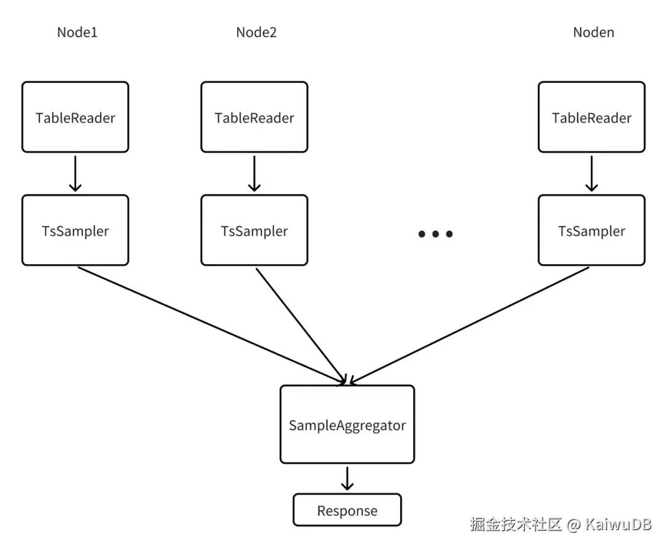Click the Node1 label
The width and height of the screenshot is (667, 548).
pos(77,33)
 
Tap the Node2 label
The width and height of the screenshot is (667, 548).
pos(256,33)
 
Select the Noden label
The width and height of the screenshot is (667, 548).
pos(594,33)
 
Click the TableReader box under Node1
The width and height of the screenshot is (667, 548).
pos(75,117)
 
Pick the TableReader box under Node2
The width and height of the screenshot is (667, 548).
pos(254,117)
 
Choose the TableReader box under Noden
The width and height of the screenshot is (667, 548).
pos(592,117)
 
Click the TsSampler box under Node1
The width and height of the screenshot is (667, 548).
pos(75,231)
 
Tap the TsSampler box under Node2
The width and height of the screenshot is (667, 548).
pos(254,231)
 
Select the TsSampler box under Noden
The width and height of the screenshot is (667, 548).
pos(592,231)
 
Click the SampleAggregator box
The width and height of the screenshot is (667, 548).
pos(347,425)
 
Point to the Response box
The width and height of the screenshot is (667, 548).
pos(347,510)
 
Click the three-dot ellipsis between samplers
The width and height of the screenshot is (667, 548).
pos(435,234)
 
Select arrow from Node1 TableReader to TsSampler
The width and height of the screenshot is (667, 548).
pos(75,173)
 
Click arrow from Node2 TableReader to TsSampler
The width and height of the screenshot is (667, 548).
pos(254,173)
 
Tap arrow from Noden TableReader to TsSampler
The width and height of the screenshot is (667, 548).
pos(592,173)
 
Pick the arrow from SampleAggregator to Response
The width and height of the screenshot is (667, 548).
pos(347,478)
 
